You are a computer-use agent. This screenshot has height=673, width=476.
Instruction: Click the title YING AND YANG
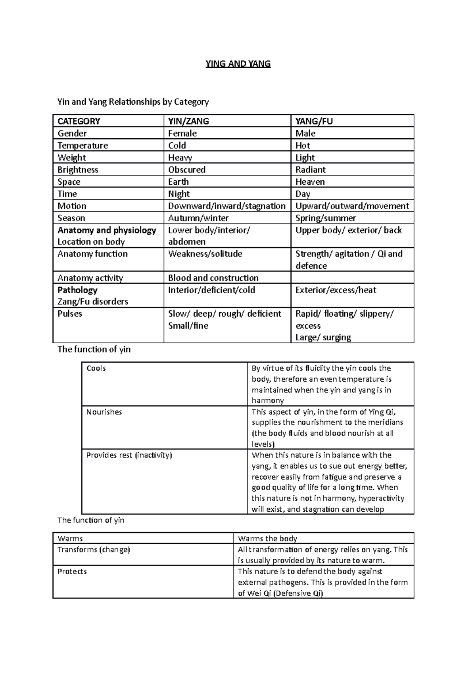point(238,64)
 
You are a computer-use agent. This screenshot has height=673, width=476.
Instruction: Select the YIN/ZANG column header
point(188,121)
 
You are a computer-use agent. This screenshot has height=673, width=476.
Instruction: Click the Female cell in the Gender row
point(182,133)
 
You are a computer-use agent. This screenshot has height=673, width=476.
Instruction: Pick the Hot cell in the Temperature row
point(303,145)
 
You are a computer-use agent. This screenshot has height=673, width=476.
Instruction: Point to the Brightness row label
point(78,170)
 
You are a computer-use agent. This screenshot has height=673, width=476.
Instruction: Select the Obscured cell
point(187,170)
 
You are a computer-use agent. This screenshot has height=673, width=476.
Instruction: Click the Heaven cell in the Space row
point(310,182)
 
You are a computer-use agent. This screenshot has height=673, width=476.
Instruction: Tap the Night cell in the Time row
point(179,194)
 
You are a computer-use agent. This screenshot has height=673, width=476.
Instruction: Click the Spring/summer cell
point(326,218)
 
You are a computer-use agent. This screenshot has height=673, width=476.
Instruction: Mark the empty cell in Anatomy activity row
point(352,277)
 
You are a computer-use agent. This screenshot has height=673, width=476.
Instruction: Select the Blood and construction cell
point(213,278)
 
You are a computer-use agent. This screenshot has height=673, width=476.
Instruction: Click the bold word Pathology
point(77,290)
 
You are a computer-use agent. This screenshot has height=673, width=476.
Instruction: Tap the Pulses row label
point(70,314)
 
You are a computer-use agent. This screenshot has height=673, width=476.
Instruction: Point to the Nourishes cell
point(104,412)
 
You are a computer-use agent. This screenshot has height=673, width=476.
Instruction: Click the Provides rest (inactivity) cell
point(129,455)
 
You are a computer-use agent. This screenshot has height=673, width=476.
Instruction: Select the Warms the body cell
point(267,538)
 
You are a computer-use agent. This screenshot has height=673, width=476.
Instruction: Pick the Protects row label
point(72,571)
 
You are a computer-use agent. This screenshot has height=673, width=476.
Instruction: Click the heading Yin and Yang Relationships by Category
point(133,102)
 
